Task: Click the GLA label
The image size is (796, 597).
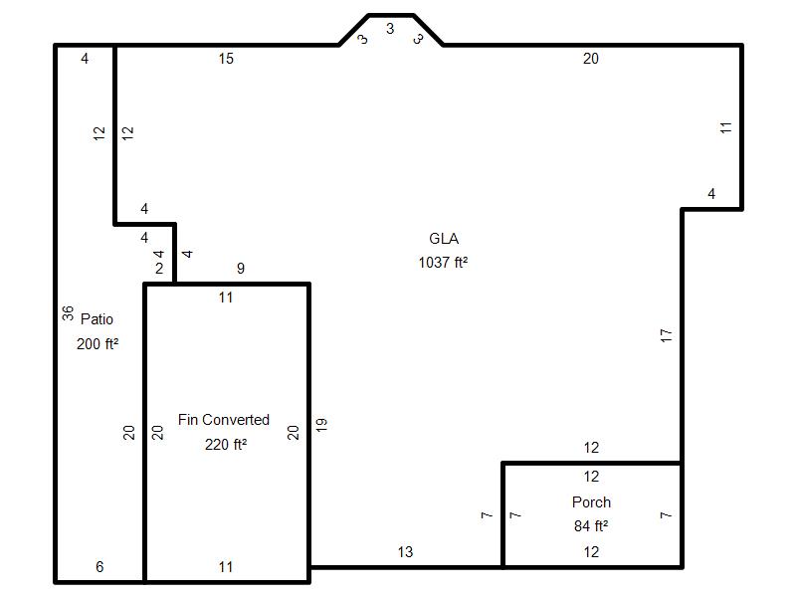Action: [x=444, y=238]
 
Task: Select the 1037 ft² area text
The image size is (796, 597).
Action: [x=443, y=262]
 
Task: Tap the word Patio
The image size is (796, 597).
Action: [x=97, y=318]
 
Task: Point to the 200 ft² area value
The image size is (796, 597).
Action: [x=98, y=343]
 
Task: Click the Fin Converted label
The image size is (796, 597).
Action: [x=223, y=419]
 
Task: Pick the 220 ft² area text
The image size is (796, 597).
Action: [x=226, y=444]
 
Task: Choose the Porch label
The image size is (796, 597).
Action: [x=591, y=502]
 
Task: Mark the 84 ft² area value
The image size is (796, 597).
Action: [x=591, y=526]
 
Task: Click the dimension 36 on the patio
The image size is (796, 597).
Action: [x=68, y=313]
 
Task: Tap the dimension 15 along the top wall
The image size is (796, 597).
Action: [x=226, y=59]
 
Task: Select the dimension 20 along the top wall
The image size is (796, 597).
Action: [x=590, y=59]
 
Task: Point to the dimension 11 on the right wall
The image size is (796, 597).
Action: [x=726, y=127]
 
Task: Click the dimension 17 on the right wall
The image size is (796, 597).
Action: [x=666, y=335]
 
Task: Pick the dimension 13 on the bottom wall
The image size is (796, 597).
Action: [x=405, y=552]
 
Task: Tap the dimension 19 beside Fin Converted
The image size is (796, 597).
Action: [x=320, y=425]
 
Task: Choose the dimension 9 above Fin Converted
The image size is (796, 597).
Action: [x=241, y=268]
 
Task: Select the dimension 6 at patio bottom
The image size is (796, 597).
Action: [x=99, y=566]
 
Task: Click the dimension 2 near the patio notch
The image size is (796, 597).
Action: [x=159, y=268]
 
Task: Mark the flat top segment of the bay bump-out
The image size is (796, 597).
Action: [x=390, y=15]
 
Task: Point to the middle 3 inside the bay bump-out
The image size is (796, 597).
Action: [x=390, y=29]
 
